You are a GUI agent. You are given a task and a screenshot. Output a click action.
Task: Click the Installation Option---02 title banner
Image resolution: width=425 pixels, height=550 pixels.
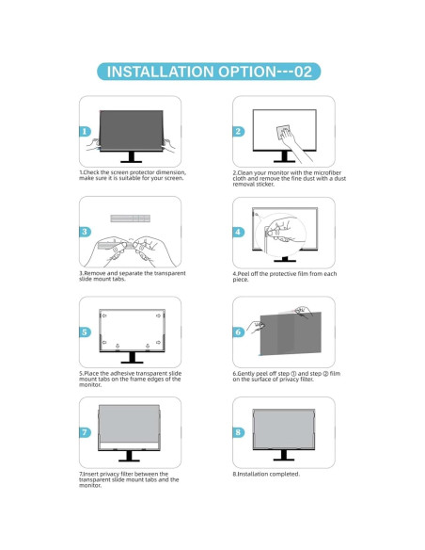point(213,72)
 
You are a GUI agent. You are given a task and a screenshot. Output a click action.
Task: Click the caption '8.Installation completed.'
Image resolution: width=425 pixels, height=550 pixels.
point(266,474)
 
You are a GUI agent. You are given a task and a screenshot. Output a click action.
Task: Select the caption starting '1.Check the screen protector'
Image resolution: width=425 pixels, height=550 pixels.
point(132,175)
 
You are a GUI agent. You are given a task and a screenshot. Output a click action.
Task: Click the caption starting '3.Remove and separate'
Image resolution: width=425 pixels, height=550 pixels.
point(132,275)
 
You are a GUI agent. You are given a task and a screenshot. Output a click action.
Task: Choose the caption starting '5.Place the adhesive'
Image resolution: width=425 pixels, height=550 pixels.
point(130,378)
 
